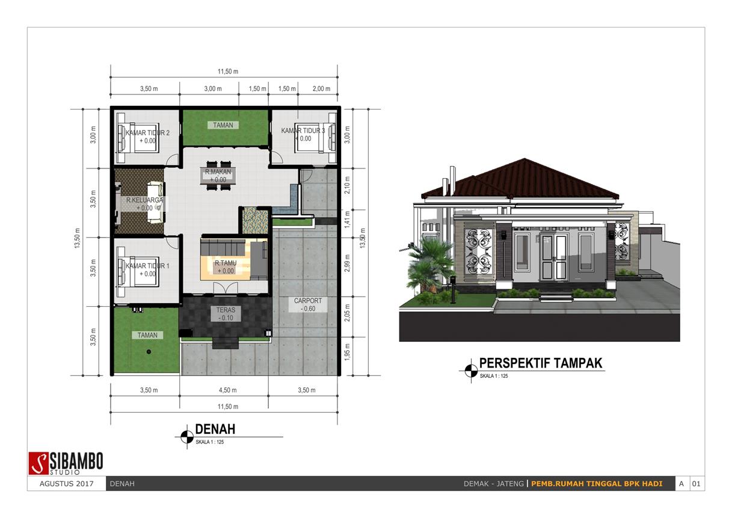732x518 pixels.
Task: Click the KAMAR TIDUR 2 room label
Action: (x=147, y=132)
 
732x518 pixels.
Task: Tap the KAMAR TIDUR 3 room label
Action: (x=303, y=131)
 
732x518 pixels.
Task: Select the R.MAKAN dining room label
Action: (x=215, y=172)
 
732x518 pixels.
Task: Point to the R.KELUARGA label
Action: (x=144, y=200)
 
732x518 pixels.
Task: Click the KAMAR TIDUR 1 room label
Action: (x=147, y=265)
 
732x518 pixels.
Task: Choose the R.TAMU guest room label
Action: (x=224, y=263)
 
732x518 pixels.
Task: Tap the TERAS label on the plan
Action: (x=226, y=310)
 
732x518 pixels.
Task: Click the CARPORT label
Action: (x=308, y=301)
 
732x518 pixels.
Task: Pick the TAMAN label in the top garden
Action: (x=223, y=125)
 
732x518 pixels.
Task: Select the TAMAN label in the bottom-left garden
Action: (x=147, y=335)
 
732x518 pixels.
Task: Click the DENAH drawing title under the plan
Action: (x=215, y=429)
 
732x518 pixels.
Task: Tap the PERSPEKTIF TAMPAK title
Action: (x=540, y=363)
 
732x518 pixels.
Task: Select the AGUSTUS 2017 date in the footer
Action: (x=66, y=484)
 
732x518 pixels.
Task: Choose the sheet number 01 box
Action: (x=697, y=484)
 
